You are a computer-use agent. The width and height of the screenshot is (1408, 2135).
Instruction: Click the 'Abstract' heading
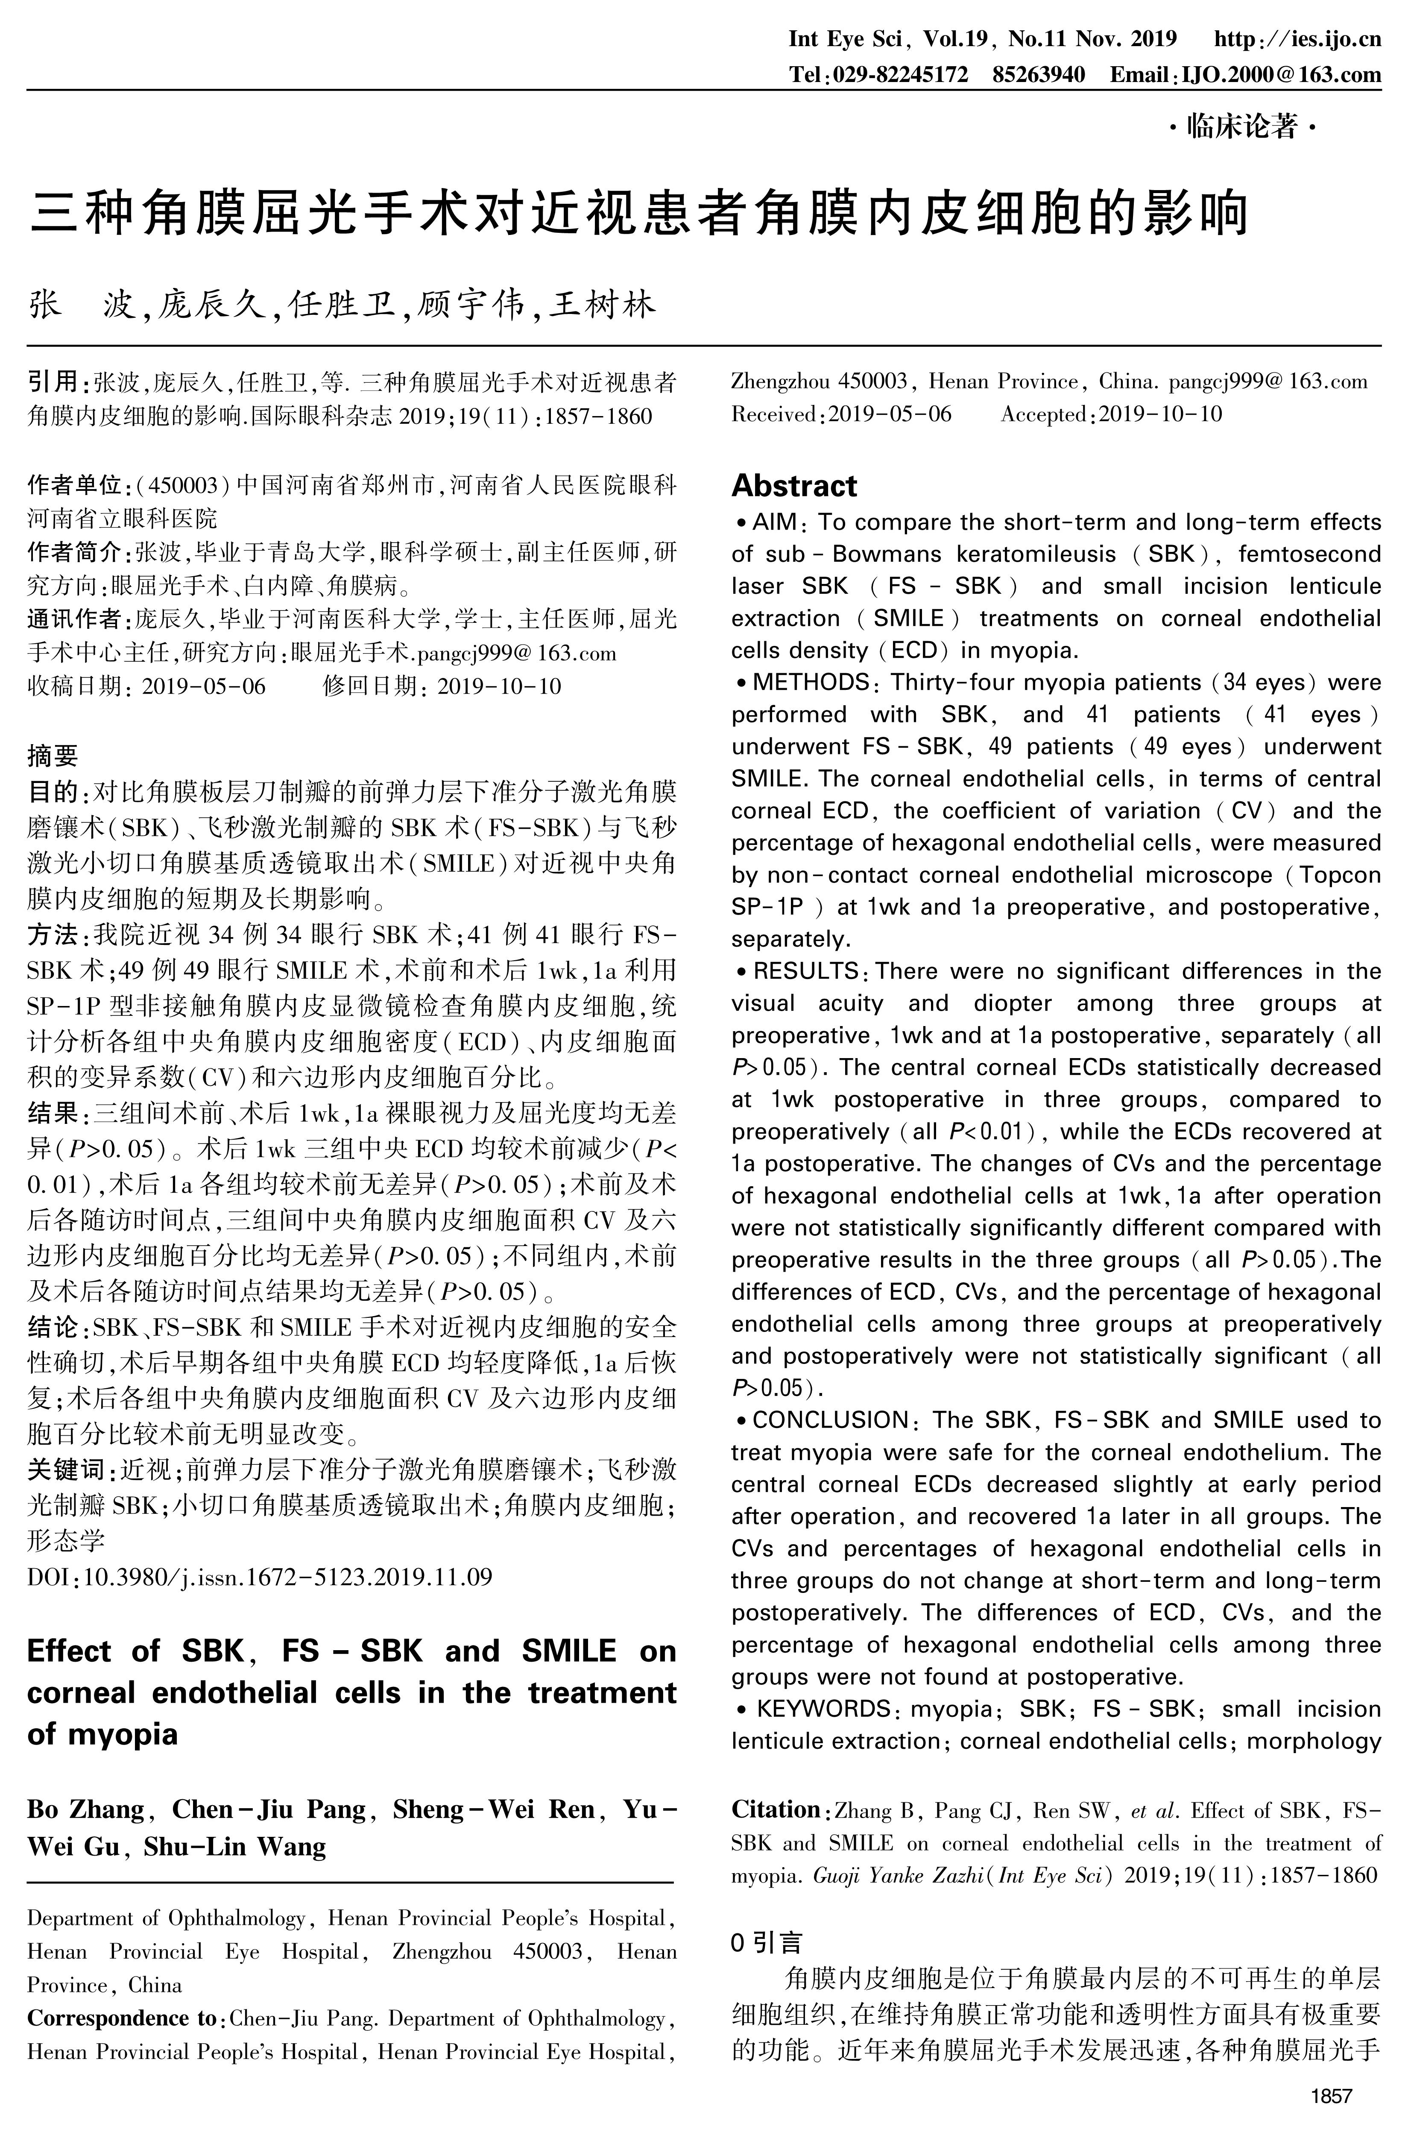[x=794, y=486]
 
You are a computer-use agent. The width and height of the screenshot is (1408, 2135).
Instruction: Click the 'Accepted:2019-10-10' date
[x=1112, y=414]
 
